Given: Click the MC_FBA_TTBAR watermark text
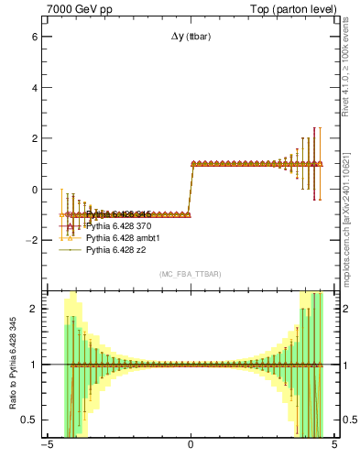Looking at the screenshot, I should pos(191,274).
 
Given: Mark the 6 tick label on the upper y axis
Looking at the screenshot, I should pos(34,38).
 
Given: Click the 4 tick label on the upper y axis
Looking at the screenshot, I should pos(34,89).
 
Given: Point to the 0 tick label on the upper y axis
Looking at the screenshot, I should pos(34,190).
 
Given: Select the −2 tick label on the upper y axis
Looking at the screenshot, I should pos(31,241).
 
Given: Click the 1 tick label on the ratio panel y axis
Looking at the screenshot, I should pos(34,365).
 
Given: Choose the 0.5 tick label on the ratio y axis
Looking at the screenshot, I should pos(29,420).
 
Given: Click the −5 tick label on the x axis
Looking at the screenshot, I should pos(46,446).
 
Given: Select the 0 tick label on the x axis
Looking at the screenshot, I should pos(191,446).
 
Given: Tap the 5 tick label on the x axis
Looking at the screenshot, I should pos(334,446).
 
